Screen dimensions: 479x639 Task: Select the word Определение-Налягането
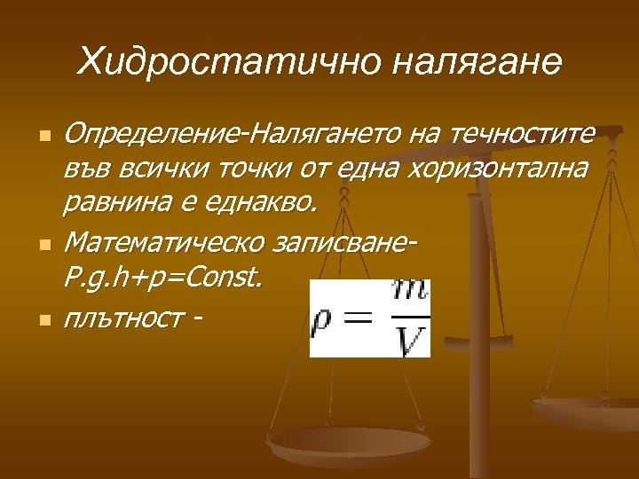[x=233, y=136]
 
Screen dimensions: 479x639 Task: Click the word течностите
[x=523, y=136]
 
